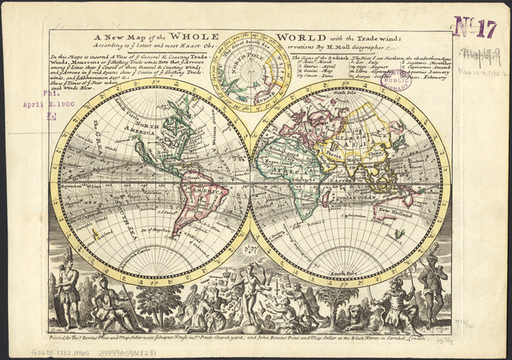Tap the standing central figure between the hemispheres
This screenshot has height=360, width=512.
click(250, 296)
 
